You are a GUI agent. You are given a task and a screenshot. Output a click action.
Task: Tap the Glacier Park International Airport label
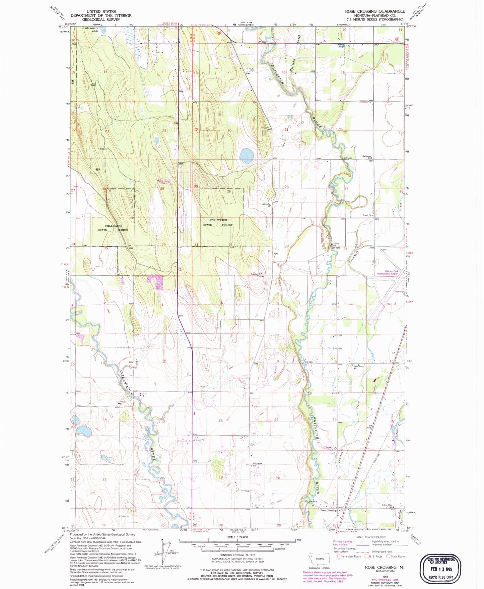coord(388,272)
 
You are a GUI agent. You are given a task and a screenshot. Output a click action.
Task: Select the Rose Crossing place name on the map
coord(328,510)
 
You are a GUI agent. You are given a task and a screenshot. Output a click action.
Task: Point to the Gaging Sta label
coord(335,245)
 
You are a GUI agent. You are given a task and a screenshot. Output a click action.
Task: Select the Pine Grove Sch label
coord(257,465)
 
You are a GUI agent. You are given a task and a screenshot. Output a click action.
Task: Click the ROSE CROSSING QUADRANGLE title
coord(375,11)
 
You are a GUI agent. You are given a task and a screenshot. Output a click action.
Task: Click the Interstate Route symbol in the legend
coord(340,557)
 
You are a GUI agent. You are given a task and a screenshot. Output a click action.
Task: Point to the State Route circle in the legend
coord(389,557)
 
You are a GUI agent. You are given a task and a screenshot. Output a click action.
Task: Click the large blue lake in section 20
coord(247,155)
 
